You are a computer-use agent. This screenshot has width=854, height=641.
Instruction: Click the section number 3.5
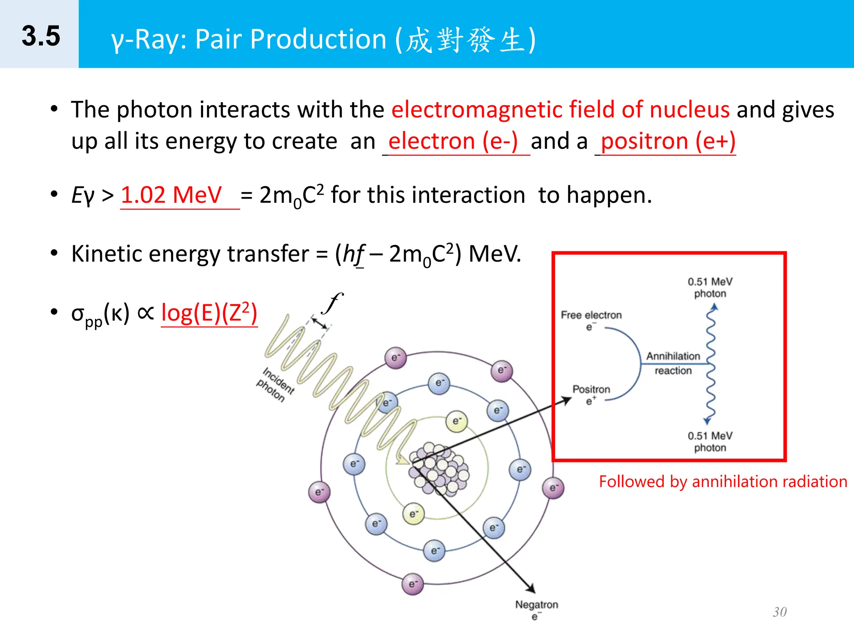(41, 36)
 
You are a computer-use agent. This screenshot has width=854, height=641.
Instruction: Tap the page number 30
(779, 612)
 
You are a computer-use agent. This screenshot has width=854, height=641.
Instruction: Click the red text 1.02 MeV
(171, 195)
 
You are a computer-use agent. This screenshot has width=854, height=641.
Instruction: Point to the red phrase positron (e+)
(668, 141)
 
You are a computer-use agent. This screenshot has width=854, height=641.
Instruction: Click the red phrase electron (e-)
(453, 141)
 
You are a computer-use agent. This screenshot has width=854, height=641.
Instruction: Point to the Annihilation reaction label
(673, 363)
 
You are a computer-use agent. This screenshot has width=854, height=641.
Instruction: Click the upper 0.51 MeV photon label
(710, 288)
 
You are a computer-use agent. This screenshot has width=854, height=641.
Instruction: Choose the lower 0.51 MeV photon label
(710, 442)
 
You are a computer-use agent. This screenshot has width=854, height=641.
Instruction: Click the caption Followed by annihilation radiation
(723, 482)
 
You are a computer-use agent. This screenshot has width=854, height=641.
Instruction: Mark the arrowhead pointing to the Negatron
(530, 588)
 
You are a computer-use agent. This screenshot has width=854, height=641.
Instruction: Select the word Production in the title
(319, 39)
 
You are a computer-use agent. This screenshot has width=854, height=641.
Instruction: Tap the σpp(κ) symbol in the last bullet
(100, 314)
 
